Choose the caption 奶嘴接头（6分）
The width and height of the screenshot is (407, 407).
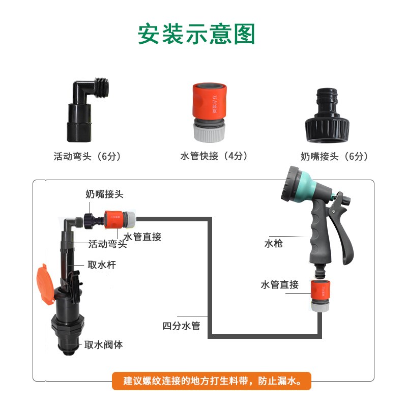click(334, 156)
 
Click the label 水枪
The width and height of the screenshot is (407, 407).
click(273, 244)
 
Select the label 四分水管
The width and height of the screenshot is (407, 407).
click(181, 326)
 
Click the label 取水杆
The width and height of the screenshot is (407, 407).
click(99, 265)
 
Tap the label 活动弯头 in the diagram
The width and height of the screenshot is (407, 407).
click(107, 244)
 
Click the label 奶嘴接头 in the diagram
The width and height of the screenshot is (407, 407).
click(104, 194)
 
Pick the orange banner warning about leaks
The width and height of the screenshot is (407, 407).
click(211, 381)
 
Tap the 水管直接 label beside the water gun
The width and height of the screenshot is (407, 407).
click(279, 285)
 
